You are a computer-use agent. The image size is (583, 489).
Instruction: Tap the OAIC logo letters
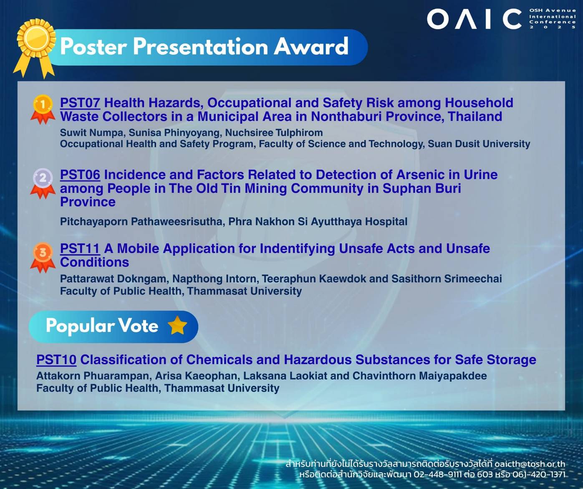coord(474,19)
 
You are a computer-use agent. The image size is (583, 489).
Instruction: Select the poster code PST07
coord(80,103)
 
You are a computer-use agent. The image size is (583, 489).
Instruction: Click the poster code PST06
coord(80,175)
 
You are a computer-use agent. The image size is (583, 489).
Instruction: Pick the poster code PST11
coord(80,248)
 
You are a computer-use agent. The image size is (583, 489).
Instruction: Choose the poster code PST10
coord(56,360)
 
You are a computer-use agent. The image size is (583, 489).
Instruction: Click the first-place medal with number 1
coord(43,109)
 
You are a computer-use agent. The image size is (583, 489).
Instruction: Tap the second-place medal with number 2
coord(43,183)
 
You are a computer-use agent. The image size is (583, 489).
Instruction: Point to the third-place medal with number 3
coord(43,257)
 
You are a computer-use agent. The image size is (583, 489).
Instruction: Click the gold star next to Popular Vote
coord(177,326)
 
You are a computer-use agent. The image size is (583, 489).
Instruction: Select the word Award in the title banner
coord(311,46)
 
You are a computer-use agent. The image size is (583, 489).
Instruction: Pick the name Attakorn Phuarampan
coord(94,376)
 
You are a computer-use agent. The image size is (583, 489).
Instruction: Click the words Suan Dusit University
coord(479,144)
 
